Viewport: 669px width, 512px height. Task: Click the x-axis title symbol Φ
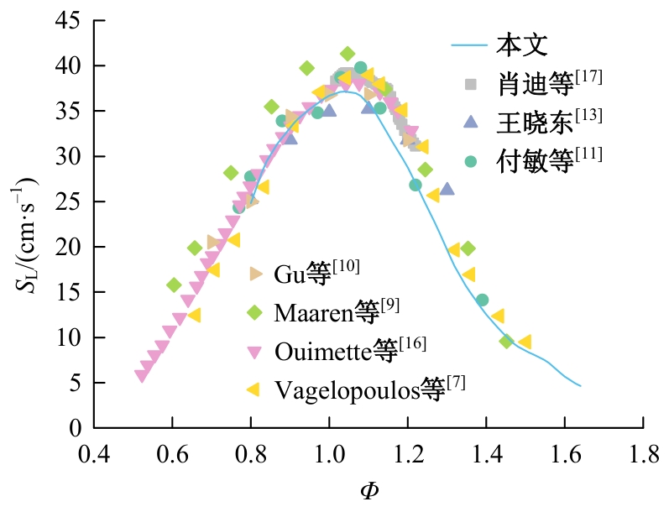369,489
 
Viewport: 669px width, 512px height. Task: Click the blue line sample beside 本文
469,44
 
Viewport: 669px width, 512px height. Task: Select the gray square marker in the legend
471,84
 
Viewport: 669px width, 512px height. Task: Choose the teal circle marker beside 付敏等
471,160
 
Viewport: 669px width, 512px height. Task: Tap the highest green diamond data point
348,55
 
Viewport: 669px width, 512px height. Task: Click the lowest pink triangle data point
141,376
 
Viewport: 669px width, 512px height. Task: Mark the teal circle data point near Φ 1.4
482,300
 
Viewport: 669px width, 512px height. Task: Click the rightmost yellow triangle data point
525,342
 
